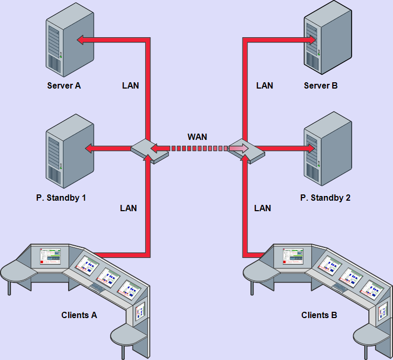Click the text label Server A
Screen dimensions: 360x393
(64, 85)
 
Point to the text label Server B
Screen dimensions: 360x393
(321, 85)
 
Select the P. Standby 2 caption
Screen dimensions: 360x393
(325, 198)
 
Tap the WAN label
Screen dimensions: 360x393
(197, 137)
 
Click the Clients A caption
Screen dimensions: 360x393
(79, 315)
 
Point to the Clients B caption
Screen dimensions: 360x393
(319, 315)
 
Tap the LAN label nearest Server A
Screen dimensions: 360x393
(130, 85)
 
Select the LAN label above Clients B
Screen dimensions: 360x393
(263, 208)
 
